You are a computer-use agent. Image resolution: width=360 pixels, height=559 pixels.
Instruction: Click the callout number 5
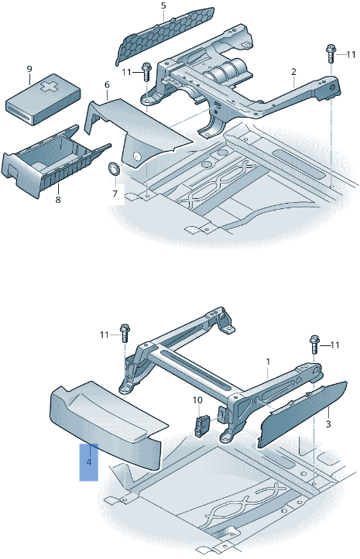(x=163, y=5)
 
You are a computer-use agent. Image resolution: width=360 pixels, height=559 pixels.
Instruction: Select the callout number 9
(x=29, y=69)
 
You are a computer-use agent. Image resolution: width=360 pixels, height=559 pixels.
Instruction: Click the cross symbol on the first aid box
(x=47, y=87)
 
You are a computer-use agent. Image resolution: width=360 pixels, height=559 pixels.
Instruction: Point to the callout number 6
(x=107, y=85)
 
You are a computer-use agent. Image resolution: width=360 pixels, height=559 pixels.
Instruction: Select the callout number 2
(x=293, y=72)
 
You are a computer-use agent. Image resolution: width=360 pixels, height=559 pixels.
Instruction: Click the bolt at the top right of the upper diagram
(x=331, y=53)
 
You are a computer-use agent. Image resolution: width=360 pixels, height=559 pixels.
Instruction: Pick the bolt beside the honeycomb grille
(x=146, y=72)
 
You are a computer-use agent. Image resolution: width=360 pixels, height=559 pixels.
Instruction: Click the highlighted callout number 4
(x=89, y=462)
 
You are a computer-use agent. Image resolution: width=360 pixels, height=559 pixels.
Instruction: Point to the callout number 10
(x=197, y=400)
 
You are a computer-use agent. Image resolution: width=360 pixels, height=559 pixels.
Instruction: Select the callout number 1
(x=268, y=362)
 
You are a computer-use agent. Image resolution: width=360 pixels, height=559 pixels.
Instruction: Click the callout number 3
(x=328, y=424)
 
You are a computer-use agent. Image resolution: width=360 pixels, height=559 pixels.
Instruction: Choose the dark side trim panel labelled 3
(x=302, y=413)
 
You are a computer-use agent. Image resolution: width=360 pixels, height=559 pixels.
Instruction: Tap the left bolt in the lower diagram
(x=125, y=334)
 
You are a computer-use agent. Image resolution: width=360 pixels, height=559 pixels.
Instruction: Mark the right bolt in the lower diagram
(x=315, y=345)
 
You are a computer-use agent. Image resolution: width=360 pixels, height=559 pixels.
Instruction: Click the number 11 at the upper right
(x=351, y=54)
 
